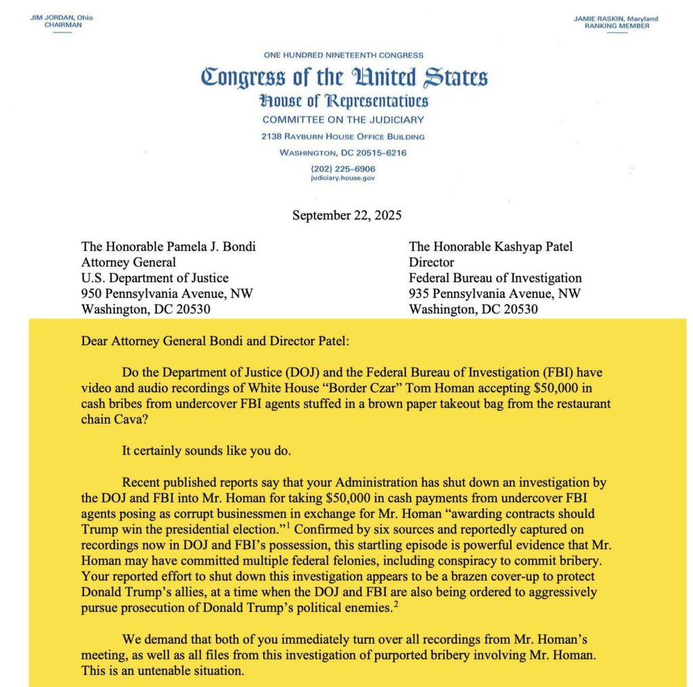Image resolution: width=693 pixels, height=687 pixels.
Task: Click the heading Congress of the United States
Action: point(344,77)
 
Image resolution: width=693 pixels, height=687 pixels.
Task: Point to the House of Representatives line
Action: point(344,102)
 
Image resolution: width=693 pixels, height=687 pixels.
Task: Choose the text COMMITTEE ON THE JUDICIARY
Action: point(344,120)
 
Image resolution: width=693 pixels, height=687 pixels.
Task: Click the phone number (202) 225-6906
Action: point(343,169)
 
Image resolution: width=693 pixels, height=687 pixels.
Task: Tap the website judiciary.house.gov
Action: point(343,178)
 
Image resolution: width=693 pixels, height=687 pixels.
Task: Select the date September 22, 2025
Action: point(347,216)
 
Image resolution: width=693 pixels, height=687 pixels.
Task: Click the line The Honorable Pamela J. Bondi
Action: point(169,246)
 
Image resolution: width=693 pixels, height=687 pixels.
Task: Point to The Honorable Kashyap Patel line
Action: point(491,246)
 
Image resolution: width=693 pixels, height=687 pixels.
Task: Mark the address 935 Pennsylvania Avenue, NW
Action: point(495,294)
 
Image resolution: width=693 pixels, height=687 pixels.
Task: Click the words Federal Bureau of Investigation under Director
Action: point(495,278)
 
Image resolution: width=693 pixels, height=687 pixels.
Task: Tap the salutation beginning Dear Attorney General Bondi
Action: point(215,340)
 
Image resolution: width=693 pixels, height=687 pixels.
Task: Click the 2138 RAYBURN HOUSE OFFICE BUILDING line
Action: point(343,137)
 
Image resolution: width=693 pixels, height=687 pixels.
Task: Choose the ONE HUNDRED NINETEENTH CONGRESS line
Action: point(343,55)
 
